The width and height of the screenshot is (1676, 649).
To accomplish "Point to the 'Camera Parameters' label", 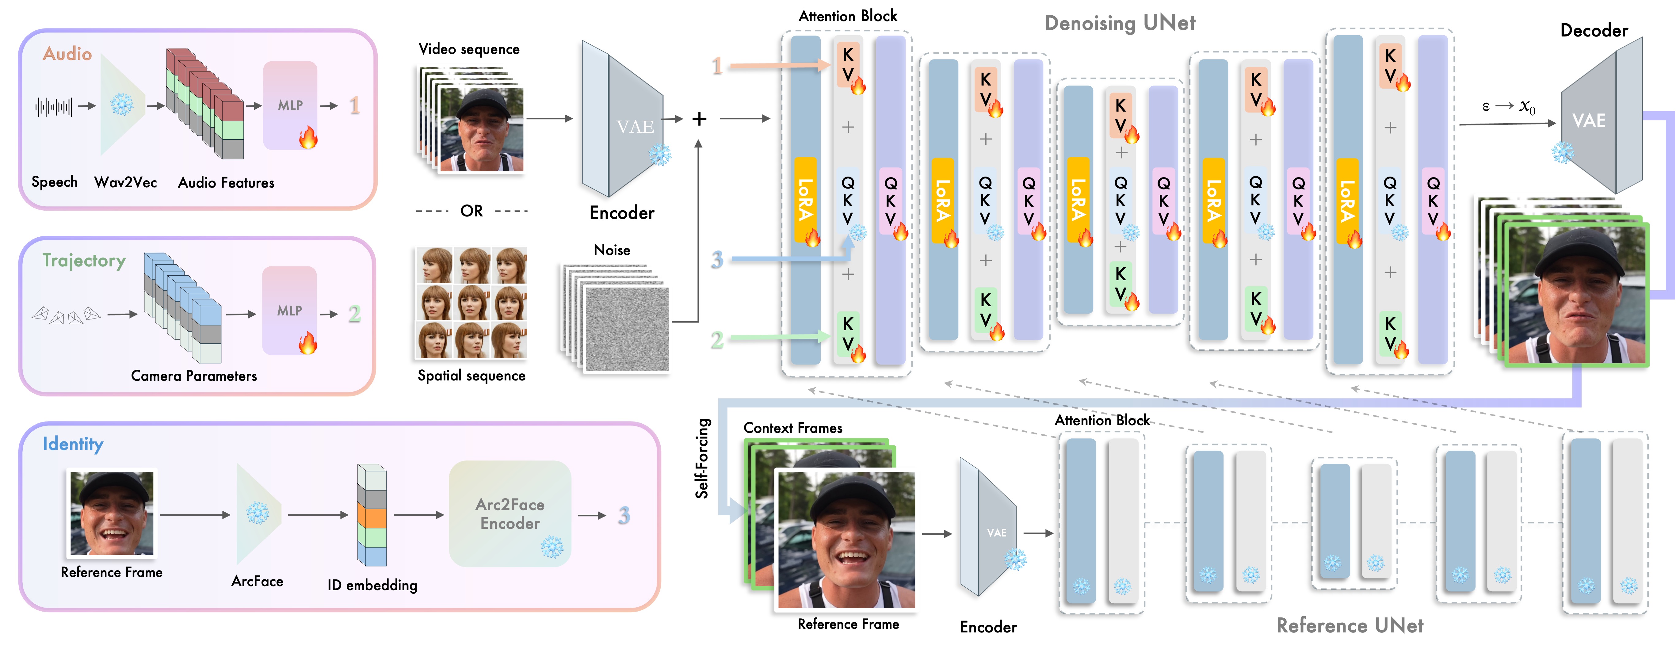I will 194,376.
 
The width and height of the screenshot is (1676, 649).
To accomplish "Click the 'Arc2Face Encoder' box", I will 510,514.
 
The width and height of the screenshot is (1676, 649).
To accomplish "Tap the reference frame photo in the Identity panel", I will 112,514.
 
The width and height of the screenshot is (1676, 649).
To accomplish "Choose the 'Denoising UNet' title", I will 1120,23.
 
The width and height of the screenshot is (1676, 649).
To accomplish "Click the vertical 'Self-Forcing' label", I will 702,458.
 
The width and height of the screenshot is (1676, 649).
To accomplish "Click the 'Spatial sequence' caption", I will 472,376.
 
